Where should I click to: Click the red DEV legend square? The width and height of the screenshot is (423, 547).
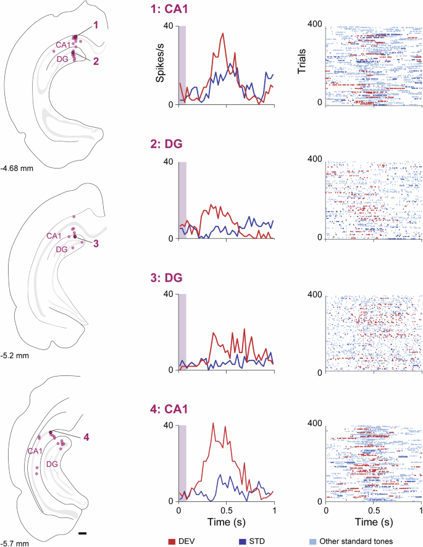tap(172, 541)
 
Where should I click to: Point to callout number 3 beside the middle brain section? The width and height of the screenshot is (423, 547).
tap(96, 243)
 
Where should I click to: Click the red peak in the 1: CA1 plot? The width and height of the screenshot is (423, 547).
tap(222, 34)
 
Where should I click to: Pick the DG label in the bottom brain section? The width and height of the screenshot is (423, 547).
tap(52, 463)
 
